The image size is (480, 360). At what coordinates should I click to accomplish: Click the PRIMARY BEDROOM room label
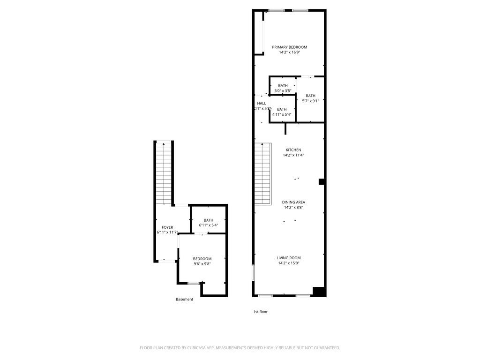coord(289,47)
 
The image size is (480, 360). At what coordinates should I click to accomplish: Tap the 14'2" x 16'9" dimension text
coord(289,52)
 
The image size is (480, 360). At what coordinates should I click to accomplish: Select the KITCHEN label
coord(293,150)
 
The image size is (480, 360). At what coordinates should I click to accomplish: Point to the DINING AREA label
coord(293,202)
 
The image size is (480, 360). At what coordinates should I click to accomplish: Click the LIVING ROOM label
coord(288,258)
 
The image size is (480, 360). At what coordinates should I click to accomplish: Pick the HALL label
coord(262,104)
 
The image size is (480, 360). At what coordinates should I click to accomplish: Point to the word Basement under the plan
coord(184,300)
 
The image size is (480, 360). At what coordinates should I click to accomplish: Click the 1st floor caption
coord(260,312)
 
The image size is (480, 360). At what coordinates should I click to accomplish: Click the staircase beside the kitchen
coord(263,173)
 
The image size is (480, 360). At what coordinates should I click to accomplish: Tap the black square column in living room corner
coord(319,292)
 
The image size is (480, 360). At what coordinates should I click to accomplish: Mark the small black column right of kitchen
coord(322,182)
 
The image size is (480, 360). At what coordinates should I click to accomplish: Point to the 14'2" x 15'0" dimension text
coord(288,263)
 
